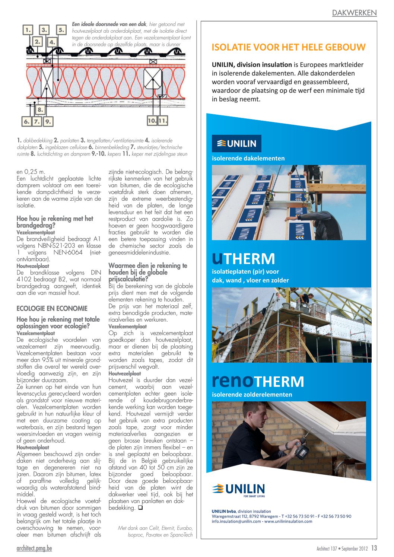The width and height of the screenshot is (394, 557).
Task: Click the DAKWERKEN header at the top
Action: click(354, 13)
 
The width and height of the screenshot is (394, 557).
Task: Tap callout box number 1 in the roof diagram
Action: click(28, 30)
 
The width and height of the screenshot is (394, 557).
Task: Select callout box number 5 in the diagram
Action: click(61, 30)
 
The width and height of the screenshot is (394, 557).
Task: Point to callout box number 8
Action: click(40, 109)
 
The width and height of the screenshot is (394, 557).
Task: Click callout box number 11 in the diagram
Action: click(163, 121)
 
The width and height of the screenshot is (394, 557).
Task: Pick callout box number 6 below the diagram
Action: click(26, 121)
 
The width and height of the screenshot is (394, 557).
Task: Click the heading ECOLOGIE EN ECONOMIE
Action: click(52, 308)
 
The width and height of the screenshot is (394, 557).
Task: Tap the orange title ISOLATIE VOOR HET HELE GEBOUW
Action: click(289, 47)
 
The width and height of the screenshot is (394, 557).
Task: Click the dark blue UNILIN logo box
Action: click(236, 144)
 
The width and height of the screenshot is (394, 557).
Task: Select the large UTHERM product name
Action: click(243, 258)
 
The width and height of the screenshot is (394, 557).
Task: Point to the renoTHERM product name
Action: click(258, 381)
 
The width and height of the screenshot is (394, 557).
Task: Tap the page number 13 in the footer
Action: click(374, 548)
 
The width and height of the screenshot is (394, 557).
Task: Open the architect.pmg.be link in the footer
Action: click(34, 548)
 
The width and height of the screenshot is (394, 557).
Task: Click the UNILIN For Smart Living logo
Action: click(238, 490)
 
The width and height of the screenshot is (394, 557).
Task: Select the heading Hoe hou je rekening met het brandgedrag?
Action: click(55, 222)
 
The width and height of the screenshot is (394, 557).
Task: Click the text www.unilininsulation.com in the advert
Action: click(288, 521)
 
